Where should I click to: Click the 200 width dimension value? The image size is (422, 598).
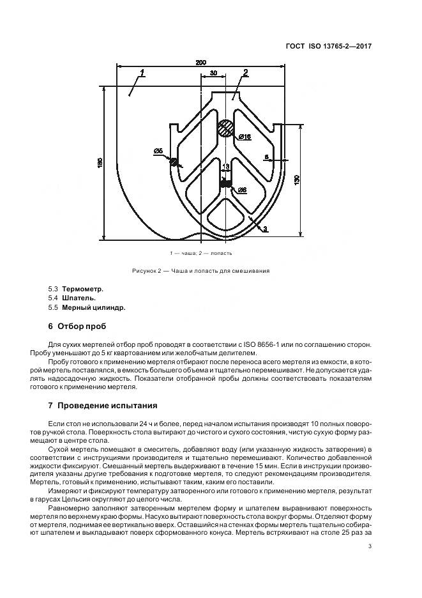pyautogui.click(x=200, y=63)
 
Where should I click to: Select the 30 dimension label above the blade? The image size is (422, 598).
pyautogui.click(x=213, y=73)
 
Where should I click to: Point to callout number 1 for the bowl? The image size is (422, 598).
pyautogui.click(x=143, y=72)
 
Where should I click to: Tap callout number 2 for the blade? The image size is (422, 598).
pyautogui.click(x=246, y=72)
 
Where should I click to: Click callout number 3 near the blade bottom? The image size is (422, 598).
pyautogui.click(x=265, y=228)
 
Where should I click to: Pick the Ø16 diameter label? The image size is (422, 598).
pyautogui.click(x=245, y=137)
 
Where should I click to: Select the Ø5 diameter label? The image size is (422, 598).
pyautogui.click(x=158, y=151)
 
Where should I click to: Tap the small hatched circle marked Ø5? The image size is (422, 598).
pyautogui.click(x=173, y=162)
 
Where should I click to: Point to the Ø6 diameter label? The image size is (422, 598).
pyautogui.click(x=242, y=190)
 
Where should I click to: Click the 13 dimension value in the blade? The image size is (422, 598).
pyautogui.click(x=225, y=166)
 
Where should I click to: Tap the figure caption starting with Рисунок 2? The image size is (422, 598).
pyautogui.click(x=200, y=270)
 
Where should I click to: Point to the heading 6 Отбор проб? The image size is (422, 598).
pyautogui.click(x=77, y=326)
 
